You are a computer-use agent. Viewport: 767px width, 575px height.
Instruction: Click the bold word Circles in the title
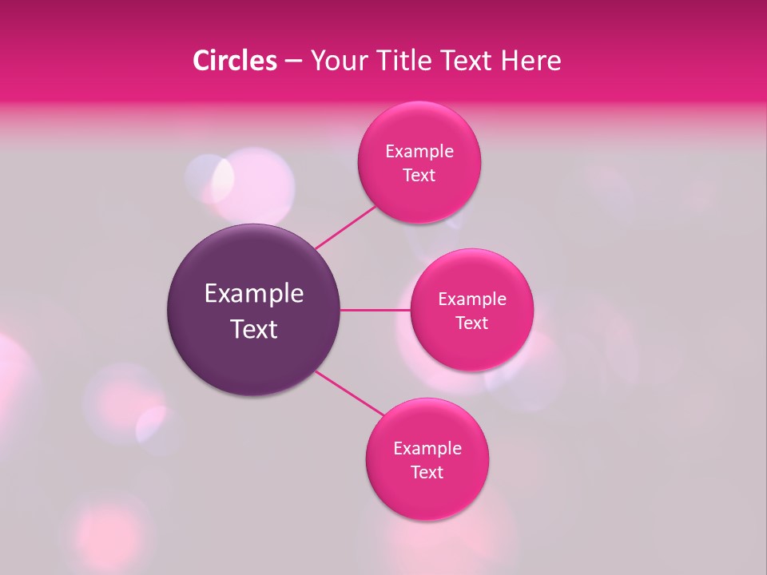[234, 61]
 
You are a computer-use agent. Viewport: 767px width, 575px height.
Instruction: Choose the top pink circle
[419, 200]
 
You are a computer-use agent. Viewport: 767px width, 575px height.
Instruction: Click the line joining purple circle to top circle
[346, 227]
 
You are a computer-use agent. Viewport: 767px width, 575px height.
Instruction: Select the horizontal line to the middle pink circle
[375, 310]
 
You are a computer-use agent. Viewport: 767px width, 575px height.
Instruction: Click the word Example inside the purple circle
[253, 294]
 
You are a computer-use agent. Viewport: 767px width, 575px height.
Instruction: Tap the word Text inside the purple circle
[253, 329]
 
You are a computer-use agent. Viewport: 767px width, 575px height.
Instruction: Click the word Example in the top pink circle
[419, 152]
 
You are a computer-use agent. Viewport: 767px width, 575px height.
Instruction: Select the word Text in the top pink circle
[419, 176]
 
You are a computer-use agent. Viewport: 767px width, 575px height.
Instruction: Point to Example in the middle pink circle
[471, 299]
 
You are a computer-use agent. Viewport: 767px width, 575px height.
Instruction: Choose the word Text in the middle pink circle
[471, 323]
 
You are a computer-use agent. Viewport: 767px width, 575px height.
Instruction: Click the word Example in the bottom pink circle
[427, 449]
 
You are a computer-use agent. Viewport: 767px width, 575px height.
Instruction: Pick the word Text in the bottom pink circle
[427, 473]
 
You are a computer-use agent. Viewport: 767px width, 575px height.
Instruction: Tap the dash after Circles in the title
[293, 61]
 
